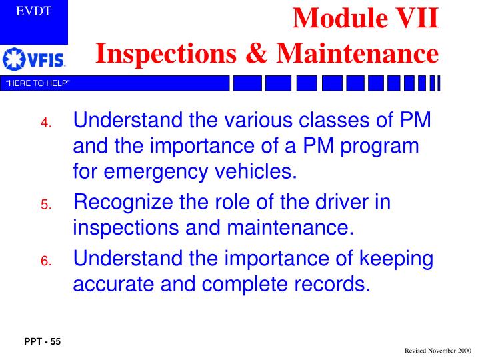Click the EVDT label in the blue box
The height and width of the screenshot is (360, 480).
click(x=34, y=11)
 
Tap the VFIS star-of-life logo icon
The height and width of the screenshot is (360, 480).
click(x=13, y=61)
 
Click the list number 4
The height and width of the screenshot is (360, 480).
click(x=45, y=124)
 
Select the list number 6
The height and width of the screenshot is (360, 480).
click(x=45, y=262)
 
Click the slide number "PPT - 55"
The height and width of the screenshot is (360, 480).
click(x=42, y=342)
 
